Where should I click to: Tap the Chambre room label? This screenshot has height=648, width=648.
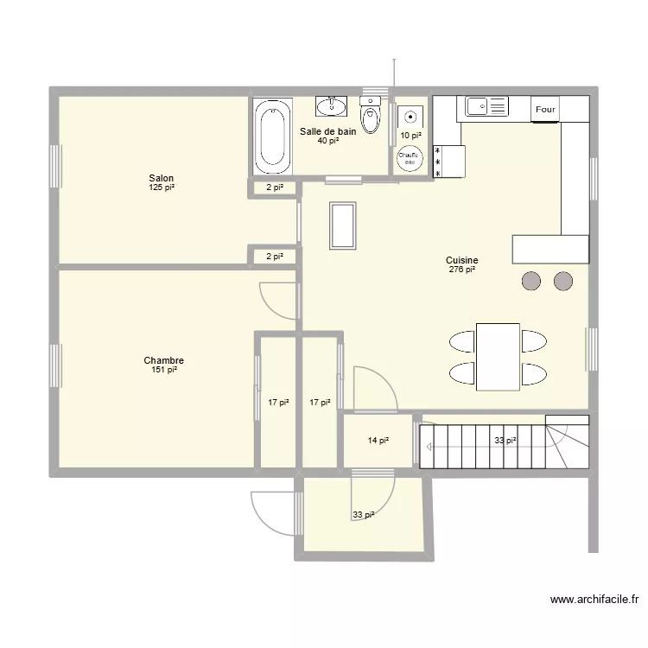(163, 360)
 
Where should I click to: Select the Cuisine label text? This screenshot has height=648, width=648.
(462, 260)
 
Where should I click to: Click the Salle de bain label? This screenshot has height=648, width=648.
(327, 131)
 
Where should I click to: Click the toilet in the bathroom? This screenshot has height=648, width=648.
(371, 118)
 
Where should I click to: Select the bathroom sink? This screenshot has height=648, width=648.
(330, 106)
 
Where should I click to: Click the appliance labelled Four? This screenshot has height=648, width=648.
(545, 109)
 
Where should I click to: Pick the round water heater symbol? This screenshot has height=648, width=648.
(410, 158)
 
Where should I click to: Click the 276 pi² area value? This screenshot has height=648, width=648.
(462, 270)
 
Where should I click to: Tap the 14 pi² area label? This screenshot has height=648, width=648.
(378, 441)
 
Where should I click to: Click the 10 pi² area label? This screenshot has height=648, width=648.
(410, 135)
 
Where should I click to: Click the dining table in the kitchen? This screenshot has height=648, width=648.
(497, 357)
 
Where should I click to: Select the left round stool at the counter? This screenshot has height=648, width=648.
(531, 280)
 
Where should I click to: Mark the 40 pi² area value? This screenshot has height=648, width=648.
(327, 141)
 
